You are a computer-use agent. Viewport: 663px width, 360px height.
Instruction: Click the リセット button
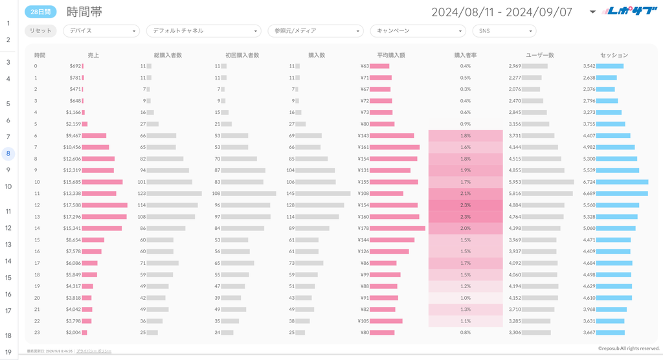[41, 30]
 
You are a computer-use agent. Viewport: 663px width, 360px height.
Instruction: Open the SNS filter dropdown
[504, 30]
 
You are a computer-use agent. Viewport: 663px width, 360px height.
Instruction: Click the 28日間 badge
[41, 12]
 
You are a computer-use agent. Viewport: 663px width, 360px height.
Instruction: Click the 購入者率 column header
[465, 55]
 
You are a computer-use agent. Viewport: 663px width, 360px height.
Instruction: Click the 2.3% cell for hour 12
[465, 205]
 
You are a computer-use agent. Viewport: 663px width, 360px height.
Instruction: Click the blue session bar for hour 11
[622, 194]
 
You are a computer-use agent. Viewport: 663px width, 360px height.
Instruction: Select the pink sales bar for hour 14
[102, 228]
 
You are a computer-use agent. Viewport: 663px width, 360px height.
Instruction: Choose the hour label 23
[36, 332]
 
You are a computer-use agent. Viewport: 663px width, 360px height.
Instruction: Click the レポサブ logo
[627, 11]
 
